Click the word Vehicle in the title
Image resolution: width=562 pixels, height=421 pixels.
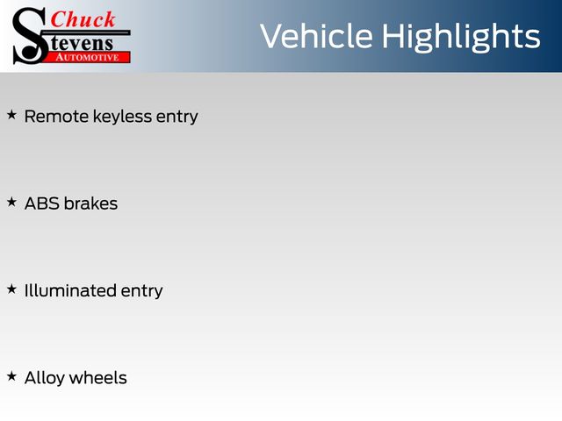pos(316,36)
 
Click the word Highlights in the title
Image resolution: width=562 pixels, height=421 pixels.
pos(461,37)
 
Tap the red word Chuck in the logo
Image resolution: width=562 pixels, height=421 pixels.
pos(83,19)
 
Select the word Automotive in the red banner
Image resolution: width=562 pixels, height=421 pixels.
pos(87,57)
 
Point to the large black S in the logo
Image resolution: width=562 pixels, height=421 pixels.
pos(29,36)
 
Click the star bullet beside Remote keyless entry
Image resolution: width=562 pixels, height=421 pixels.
pos(11,115)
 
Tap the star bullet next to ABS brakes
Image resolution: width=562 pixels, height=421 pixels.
pos(11,202)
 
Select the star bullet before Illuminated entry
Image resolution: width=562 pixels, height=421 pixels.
pos(11,289)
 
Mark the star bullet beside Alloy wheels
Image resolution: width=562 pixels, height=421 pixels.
pos(11,376)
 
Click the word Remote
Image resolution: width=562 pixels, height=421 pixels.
pos(56,117)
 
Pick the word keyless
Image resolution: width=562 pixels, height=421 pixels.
pos(122,117)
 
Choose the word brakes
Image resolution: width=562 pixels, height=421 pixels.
pos(90,203)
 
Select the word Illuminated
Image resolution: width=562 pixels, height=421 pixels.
pos(70,290)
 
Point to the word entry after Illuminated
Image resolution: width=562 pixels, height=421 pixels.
pos(142,292)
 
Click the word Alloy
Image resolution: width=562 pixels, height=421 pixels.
pos(45,379)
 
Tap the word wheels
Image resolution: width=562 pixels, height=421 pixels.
pos(97,378)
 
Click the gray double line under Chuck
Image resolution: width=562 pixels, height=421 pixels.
pos(88,32)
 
